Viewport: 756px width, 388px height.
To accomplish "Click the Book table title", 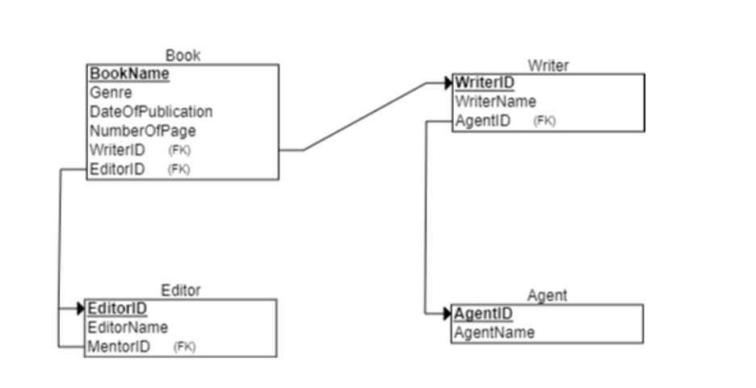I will point(183,56).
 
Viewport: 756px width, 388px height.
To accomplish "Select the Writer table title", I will point(548,65).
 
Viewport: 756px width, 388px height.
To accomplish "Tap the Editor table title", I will point(181,290).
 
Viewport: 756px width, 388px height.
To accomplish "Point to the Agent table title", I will point(547,296).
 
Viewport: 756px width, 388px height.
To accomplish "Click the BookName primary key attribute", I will point(129,74).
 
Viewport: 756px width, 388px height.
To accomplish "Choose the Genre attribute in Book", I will point(111,93).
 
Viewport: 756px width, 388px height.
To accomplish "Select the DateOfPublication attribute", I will point(151,111).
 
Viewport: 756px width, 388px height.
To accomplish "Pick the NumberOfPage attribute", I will point(142,131).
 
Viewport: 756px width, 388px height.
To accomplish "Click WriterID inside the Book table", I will point(117,150).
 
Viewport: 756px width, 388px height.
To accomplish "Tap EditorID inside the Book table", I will point(116,169).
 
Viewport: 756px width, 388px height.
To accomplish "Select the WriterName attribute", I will point(495,102).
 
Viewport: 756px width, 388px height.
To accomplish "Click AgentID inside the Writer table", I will point(483,121).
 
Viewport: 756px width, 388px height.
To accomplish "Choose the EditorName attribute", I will point(128,327).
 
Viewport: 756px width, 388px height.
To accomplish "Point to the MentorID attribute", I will point(119,347).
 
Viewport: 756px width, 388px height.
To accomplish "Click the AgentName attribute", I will point(494,332).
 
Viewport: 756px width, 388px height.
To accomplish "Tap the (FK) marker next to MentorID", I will point(185,347).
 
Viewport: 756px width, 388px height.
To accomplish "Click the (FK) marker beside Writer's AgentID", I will point(545,121).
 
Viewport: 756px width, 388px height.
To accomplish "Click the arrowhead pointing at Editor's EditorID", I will point(80,308).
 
